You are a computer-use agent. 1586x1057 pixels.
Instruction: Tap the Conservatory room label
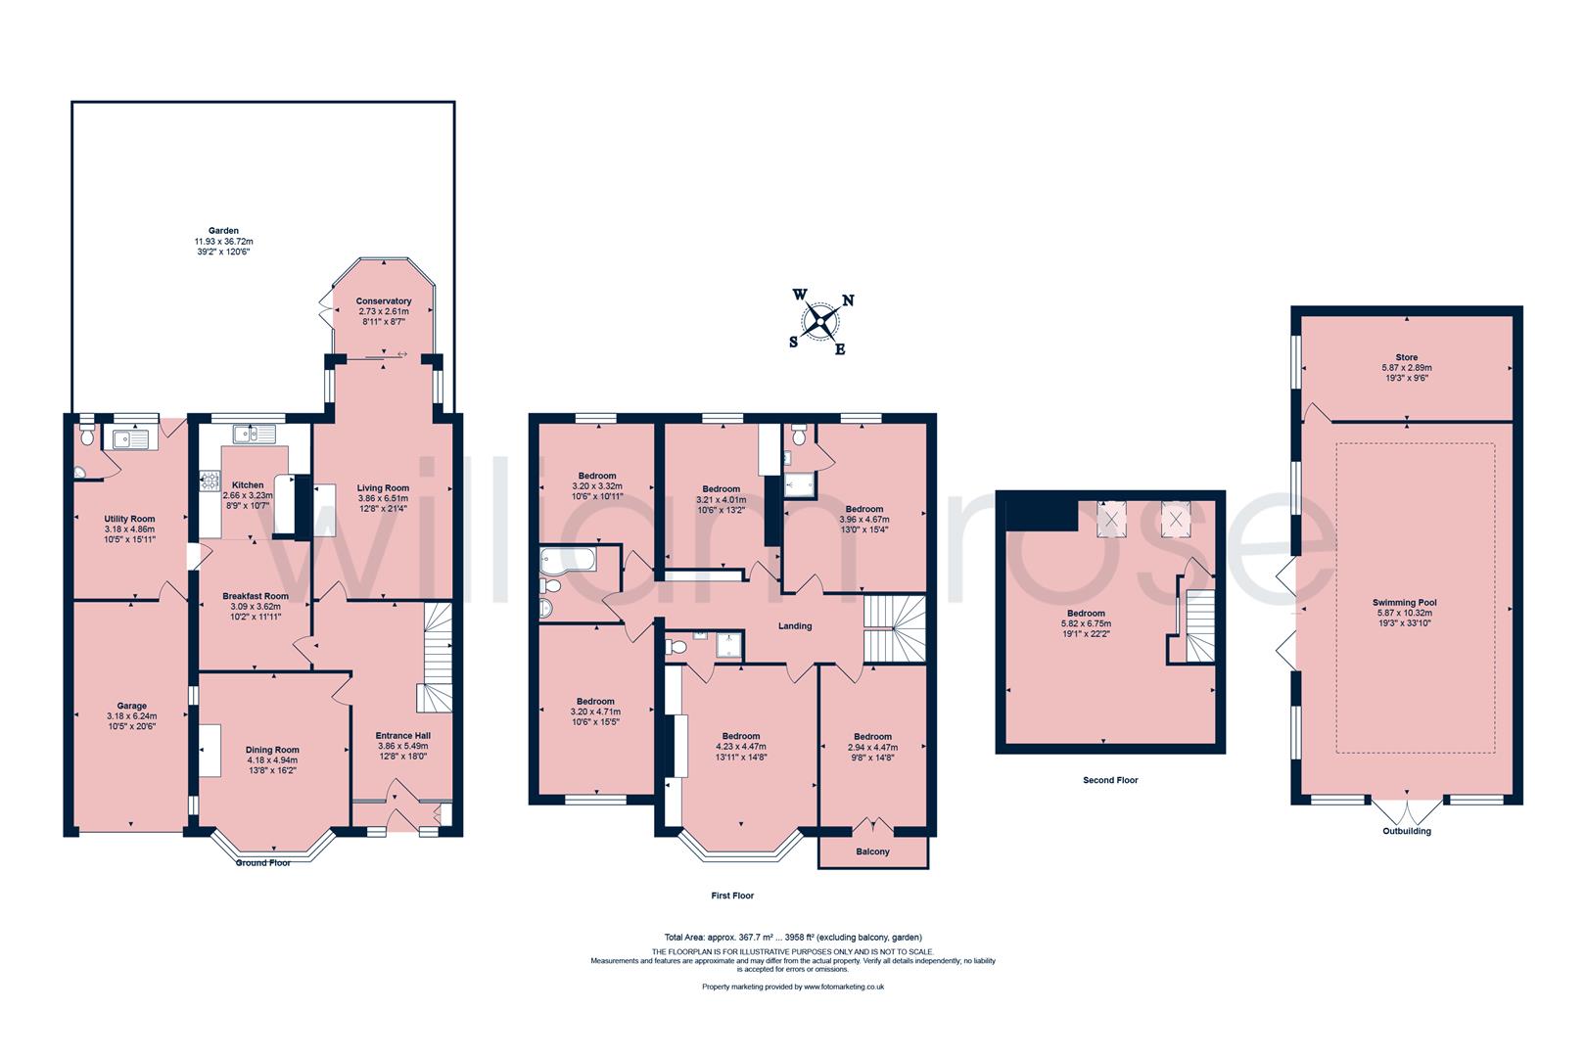(383, 301)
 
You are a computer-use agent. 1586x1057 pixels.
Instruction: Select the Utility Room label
(130, 519)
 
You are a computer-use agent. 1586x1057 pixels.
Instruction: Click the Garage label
(132, 706)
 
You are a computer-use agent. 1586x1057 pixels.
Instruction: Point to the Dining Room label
(272, 750)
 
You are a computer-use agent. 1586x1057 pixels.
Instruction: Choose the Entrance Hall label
(403, 735)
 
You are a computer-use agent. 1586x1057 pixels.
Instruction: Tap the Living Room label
(383, 487)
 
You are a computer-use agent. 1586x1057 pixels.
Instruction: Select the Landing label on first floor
(795, 626)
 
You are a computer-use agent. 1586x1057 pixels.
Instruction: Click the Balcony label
(873, 851)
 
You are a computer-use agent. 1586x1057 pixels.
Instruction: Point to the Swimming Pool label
(1407, 603)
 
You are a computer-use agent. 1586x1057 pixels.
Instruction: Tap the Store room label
(1407, 357)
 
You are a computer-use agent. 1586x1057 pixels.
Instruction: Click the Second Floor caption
(1110, 780)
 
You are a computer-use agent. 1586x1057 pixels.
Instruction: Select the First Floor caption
(732, 896)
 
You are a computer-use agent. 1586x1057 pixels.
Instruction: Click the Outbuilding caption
(1407, 831)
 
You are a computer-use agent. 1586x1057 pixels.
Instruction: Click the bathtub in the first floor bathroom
(566, 560)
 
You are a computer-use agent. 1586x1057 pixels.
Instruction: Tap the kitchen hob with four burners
(209, 481)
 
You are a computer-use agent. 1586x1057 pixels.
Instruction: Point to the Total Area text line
(792, 937)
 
